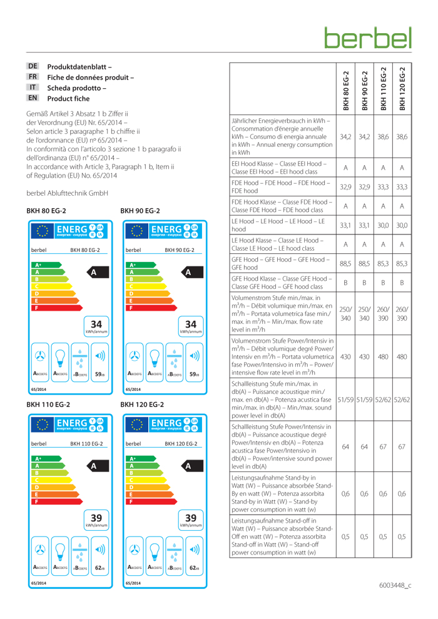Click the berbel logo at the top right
click(x=368, y=36)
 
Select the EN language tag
click(x=33, y=98)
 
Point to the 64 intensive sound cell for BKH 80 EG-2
click(x=344, y=446)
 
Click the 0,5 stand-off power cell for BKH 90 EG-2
click(x=364, y=536)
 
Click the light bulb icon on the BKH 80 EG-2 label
click(x=60, y=366)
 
